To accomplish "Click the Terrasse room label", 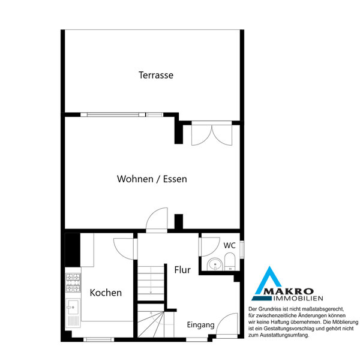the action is click(x=156, y=75).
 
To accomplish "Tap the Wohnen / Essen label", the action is click(x=152, y=179).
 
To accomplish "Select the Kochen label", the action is click(x=106, y=293).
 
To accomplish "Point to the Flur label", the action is click(x=182, y=270).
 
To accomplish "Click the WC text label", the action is click(x=229, y=245).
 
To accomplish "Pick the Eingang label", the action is click(x=200, y=325).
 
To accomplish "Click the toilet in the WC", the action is click(x=230, y=261).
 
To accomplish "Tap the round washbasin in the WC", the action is click(x=215, y=264).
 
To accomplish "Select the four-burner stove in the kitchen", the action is click(x=73, y=283).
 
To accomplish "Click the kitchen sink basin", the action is click(x=73, y=307).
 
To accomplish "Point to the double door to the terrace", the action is click(x=212, y=134).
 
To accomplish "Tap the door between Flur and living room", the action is click(x=157, y=219).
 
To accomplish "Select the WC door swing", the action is click(x=209, y=246).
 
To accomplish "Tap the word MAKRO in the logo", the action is click(x=289, y=291).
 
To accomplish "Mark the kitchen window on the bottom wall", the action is click(x=99, y=339).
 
